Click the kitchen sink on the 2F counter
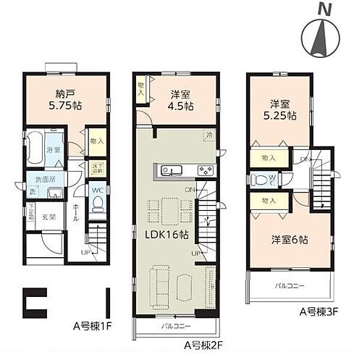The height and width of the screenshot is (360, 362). pos(171,171)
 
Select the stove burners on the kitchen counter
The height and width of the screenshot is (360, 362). pos(205,171)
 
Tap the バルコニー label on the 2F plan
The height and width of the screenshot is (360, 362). pos(176,326)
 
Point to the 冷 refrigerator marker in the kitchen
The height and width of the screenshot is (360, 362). pos(210,135)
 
